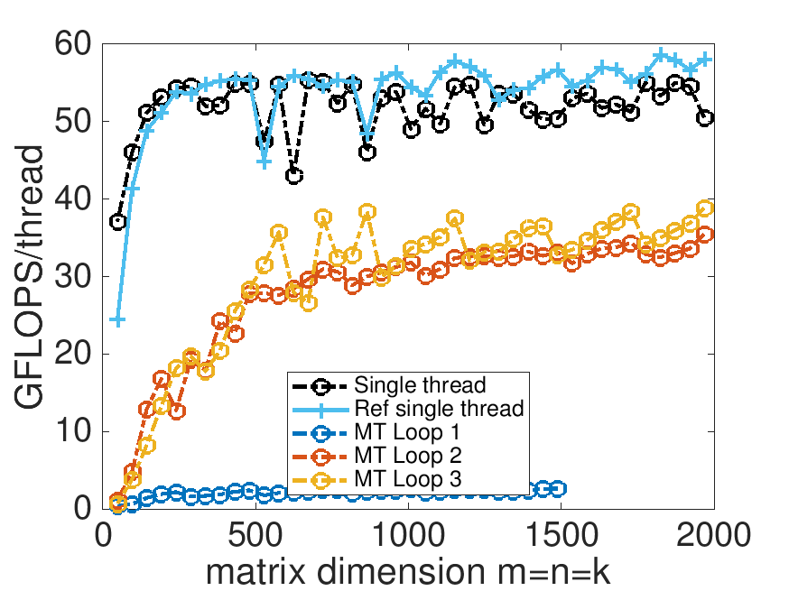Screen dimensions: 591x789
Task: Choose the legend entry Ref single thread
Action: click(x=440, y=409)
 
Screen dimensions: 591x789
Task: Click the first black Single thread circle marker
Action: click(x=117, y=221)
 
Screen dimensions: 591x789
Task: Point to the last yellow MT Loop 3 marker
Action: click(x=705, y=208)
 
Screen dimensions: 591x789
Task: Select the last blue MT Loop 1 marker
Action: click(x=558, y=488)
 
